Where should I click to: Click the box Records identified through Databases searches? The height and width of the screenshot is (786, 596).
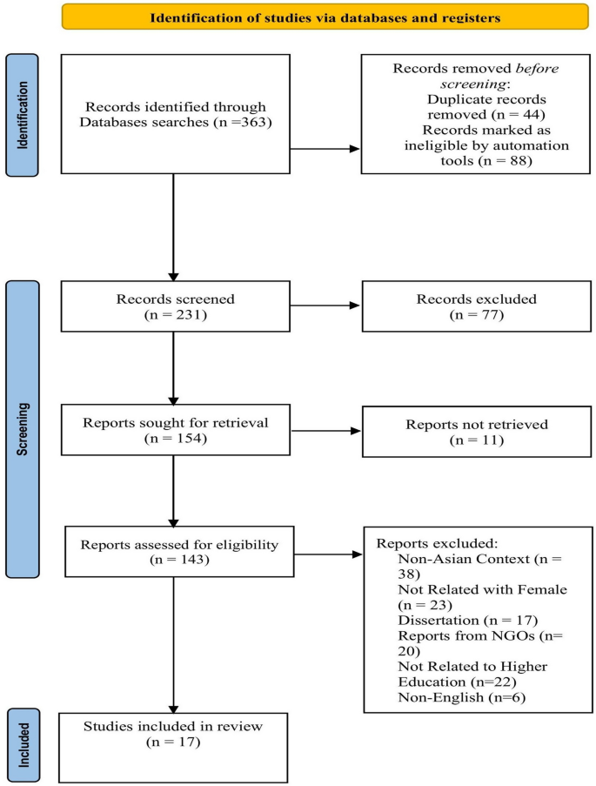(x=174, y=113)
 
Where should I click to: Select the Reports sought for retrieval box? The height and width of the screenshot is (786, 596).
(x=174, y=433)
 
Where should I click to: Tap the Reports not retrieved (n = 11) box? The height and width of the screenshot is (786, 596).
(x=463, y=433)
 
